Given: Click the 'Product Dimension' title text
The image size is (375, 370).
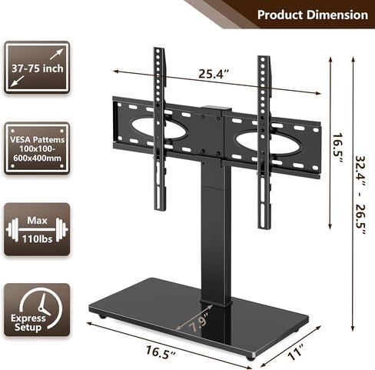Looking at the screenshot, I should [x=311, y=15].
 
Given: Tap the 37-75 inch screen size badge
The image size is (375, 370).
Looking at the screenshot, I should [x=36, y=67].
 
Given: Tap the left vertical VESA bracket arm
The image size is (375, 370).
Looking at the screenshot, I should [x=159, y=131].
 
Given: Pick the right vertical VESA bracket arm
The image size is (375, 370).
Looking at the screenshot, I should [x=264, y=131].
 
